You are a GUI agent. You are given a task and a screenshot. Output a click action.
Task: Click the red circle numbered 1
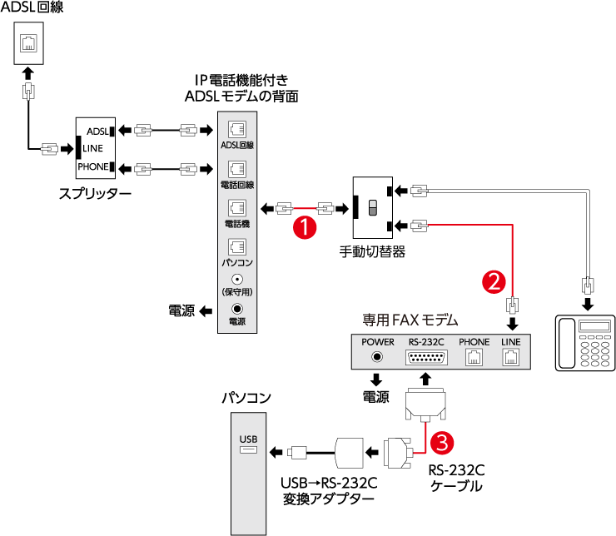[x=306, y=226]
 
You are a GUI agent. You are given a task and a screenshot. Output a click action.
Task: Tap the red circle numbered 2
[x=493, y=280]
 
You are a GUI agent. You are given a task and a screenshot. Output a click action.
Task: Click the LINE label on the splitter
[x=92, y=148]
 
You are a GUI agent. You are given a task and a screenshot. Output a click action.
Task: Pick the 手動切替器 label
[x=372, y=250]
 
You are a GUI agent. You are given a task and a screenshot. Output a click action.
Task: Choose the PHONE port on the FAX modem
[x=474, y=357]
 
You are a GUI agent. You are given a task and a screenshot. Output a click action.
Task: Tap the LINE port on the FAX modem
[x=510, y=357]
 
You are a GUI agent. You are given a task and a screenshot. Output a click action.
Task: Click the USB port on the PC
[x=248, y=450]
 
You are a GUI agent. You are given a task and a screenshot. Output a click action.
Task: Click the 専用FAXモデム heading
[x=410, y=319]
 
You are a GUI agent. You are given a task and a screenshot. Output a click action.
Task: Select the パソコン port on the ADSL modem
[x=236, y=247]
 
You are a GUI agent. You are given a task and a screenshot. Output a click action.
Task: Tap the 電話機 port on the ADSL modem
[x=236, y=207]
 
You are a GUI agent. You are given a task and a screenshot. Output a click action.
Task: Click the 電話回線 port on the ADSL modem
[x=236, y=168]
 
